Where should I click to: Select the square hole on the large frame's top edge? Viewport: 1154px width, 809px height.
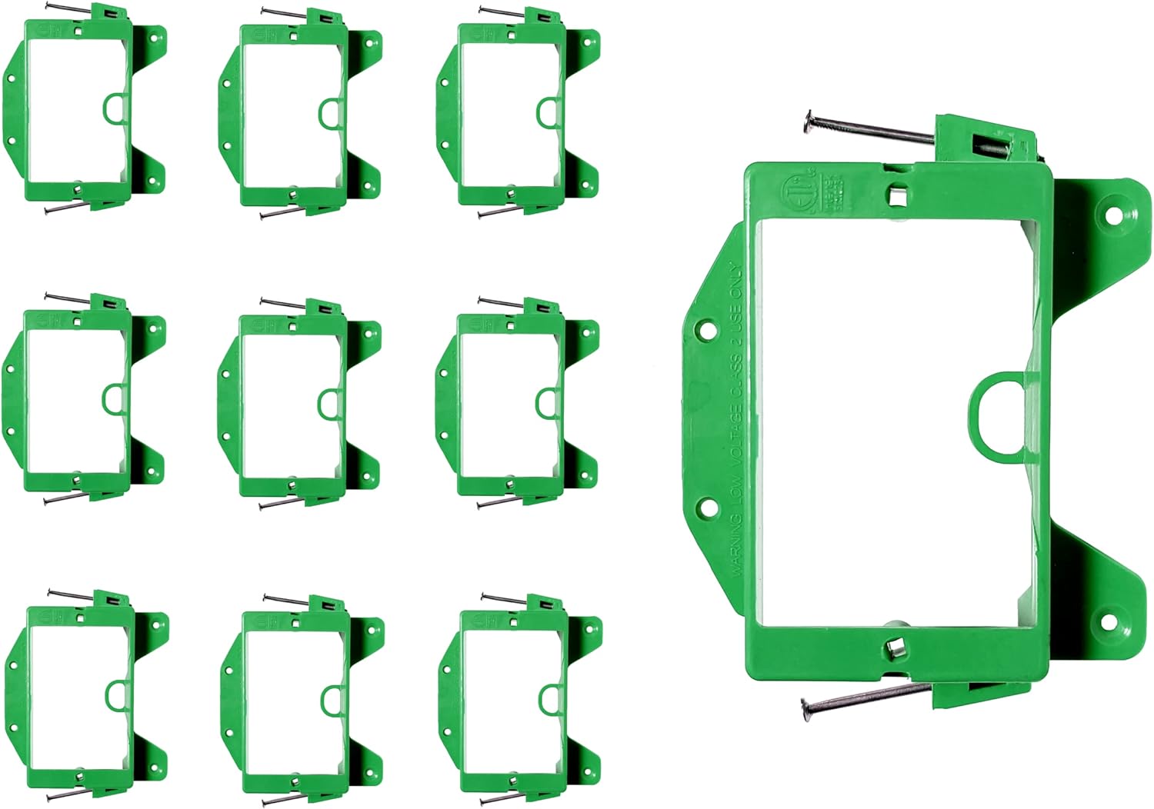tap(896, 195)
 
